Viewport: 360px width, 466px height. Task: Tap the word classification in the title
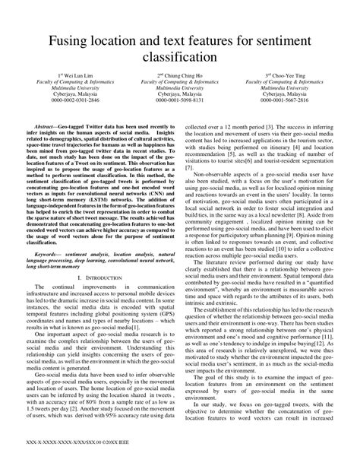[x=180, y=57]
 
